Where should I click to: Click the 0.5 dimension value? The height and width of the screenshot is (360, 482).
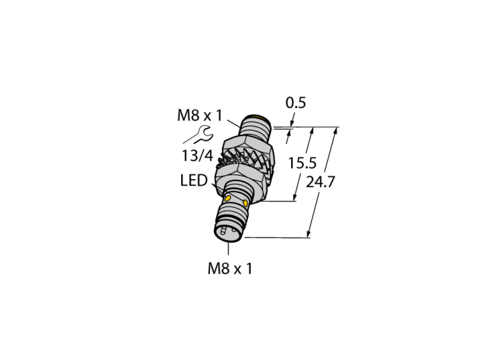tap(295, 103)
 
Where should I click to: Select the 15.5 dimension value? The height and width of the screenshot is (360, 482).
tap(302, 163)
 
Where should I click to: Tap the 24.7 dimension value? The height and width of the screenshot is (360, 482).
tap(320, 182)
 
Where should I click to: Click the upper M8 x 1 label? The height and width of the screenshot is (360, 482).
tap(200, 116)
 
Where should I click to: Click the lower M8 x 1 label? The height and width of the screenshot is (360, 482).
tap(230, 268)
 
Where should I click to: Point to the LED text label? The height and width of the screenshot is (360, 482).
tap(193, 180)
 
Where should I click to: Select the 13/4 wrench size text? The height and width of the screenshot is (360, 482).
tap(198, 156)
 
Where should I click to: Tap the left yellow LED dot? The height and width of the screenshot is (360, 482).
tap(228, 199)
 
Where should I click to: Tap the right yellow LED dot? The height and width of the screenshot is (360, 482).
tap(246, 203)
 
